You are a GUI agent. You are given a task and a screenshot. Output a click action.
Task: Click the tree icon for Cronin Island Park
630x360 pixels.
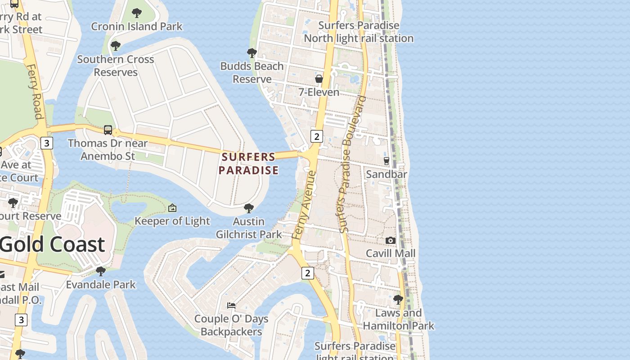click(x=137, y=13)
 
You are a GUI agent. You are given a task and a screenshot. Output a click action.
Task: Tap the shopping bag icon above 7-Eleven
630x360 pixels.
click(x=319, y=79)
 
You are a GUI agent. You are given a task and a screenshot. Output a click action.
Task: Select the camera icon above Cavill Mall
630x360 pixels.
click(x=391, y=240)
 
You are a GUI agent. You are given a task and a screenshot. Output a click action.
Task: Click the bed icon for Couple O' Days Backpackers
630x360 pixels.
click(x=231, y=306)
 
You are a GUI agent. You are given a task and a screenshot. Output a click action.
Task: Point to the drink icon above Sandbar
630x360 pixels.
click(x=386, y=161)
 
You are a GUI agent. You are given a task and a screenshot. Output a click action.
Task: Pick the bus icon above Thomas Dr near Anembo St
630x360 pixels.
click(x=108, y=130)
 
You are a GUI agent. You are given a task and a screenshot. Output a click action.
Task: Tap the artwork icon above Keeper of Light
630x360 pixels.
click(x=172, y=208)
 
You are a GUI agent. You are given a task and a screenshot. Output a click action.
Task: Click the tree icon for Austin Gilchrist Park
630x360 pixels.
click(x=248, y=208)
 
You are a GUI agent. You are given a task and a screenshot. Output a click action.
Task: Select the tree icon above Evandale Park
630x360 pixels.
click(x=101, y=271)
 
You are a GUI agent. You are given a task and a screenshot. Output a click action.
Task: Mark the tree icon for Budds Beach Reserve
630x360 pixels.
click(x=252, y=53)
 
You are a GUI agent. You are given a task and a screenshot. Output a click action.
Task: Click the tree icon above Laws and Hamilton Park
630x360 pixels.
click(x=398, y=299)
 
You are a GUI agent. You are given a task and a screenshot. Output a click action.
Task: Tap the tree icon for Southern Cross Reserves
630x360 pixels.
click(x=116, y=46)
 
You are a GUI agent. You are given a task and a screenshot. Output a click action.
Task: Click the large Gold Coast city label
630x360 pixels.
click(x=52, y=244)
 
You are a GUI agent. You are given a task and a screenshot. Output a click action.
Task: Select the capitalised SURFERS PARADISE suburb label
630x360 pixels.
click(x=248, y=163)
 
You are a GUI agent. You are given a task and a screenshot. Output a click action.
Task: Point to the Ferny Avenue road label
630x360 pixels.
click(x=305, y=205)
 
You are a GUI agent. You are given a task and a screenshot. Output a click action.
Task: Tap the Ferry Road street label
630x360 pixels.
click(x=35, y=91)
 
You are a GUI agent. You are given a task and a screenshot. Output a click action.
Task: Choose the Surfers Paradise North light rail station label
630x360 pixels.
click(x=359, y=32)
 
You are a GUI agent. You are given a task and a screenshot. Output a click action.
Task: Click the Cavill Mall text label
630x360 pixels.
click(x=391, y=253)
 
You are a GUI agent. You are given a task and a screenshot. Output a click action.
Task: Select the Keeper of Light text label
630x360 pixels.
click(x=172, y=221)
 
